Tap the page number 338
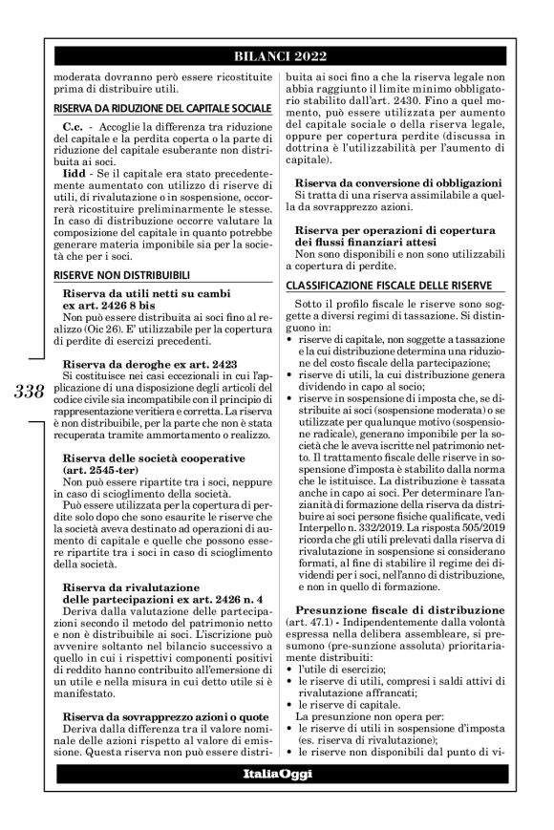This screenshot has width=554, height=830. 31,391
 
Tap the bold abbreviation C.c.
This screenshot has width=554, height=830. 75,127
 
